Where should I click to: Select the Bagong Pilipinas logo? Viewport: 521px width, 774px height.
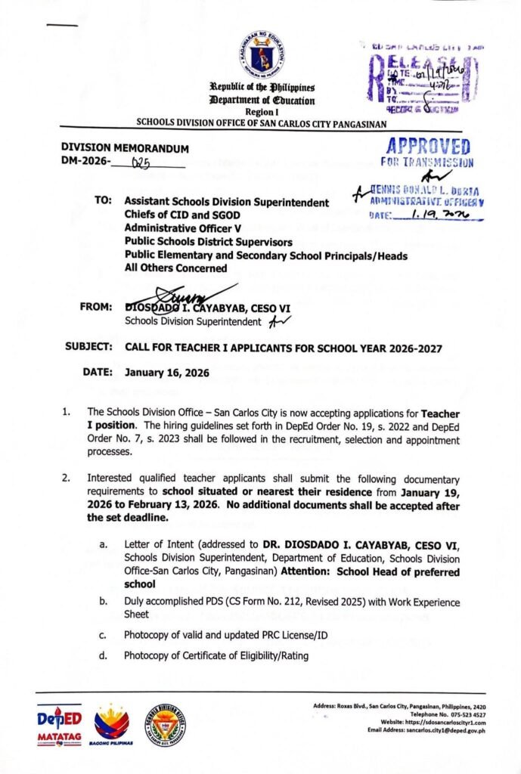point(111,724)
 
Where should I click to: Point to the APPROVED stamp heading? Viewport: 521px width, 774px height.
point(427,147)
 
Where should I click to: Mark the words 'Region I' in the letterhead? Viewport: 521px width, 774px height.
point(263,111)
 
